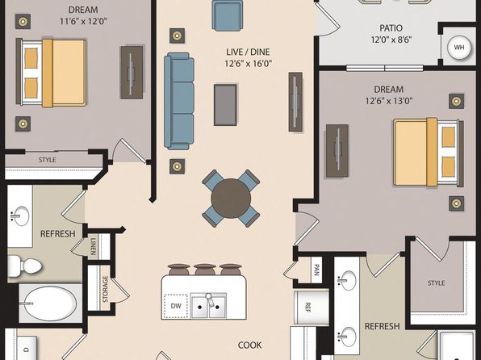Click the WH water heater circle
(x=459, y=48)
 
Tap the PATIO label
(x=391, y=28)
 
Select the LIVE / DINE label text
(x=249, y=52)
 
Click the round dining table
(x=231, y=199)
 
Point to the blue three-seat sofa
(x=179, y=101)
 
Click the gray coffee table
(x=225, y=105)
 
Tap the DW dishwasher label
(x=176, y=306)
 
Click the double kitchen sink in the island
(x=208, y=305)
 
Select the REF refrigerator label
(x=307, y=308)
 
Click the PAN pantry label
(x=317, y=270)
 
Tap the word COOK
(x=249, y=345)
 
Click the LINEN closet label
(x=93, y=246)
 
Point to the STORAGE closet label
(x=105, y=289)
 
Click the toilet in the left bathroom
(x=25, y=266)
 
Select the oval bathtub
(x=50, y=303)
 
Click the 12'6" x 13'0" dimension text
(x=389, y=101)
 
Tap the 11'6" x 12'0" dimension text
(x=83, y=22)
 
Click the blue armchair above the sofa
(x=228, y=15)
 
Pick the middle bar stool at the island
(x=205, y=269)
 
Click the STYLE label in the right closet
(x=437, y=283)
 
